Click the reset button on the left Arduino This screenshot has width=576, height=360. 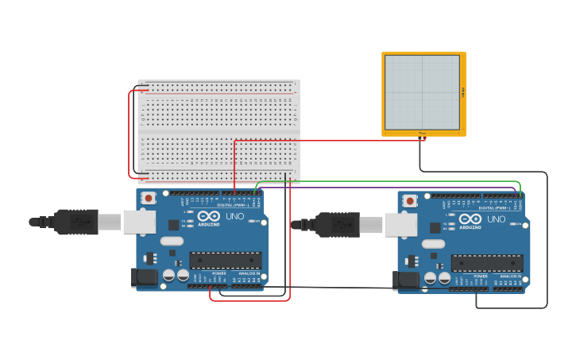click(148, 198)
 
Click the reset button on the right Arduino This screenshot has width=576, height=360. click(409, 201)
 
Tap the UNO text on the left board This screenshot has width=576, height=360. click(235, 216)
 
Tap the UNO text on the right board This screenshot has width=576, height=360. click(497, 219)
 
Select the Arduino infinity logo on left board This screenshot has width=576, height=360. click(210, 216)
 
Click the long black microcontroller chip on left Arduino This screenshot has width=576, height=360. click(225, 260)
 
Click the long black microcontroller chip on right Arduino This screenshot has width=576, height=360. click(486, 263)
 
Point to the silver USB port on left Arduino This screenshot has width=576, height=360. click(139, 222)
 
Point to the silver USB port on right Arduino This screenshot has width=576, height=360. click(400, 225)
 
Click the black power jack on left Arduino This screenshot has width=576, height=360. click(144, 277)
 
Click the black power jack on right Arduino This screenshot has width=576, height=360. click(405, 280)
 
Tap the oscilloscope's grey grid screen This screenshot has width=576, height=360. click(422, 92)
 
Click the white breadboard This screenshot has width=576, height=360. click(218, 131)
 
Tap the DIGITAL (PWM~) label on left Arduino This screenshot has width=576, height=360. click(231, 204)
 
